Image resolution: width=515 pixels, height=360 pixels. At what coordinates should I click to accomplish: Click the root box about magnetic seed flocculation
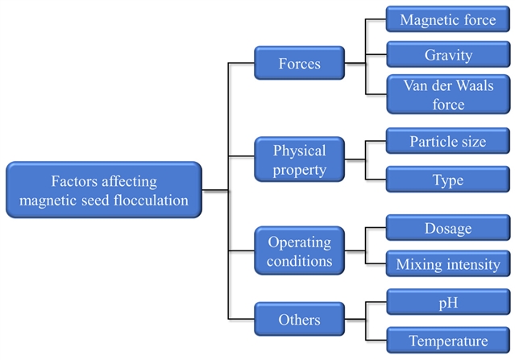click(x=104, y=190)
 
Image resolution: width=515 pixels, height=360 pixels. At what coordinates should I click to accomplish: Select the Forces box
click(x=299, y=62)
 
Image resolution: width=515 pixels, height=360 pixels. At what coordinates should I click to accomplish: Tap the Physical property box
click(x=299, y=159)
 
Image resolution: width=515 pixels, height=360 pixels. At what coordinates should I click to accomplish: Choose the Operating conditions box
click(x=299, y=252)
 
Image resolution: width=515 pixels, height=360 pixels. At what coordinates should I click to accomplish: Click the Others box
click(x=299, y=320)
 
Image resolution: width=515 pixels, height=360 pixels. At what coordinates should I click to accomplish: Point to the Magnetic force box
click(x=447, y=19)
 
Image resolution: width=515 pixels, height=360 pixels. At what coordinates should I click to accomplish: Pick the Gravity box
click(x=447, y=56)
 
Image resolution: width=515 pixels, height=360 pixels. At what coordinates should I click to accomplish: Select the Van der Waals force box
click(x=447, y=94)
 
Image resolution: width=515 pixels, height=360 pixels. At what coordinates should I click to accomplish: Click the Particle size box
click(x=447, y=142)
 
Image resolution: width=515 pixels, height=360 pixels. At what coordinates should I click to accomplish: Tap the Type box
click(x=447, y=180)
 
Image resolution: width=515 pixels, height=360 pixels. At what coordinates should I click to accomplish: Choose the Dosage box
click(x=447, y=228)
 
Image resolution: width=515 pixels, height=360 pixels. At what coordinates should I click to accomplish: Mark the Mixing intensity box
click(x=447, y=264)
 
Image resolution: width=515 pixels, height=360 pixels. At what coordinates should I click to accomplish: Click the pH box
click(x=447, y=303)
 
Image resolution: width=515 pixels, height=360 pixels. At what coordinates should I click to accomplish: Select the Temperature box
click(x=447, y=340)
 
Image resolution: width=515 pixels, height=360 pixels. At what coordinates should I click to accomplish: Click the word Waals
click(x=477, y=85)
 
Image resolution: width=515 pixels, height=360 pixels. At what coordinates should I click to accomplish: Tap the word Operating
click(x=299, y=242)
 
